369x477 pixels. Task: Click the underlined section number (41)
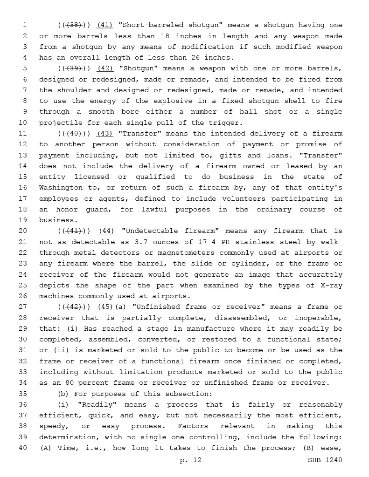click(104, 25)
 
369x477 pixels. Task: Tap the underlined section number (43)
click(104, 134)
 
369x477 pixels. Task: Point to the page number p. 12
click(191, 460)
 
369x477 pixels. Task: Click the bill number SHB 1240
click(325, 460)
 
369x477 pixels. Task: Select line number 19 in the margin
click(23, 220)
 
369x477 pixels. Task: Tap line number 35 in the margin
click(23, 394)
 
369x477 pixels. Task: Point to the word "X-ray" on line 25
click(331, 286)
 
